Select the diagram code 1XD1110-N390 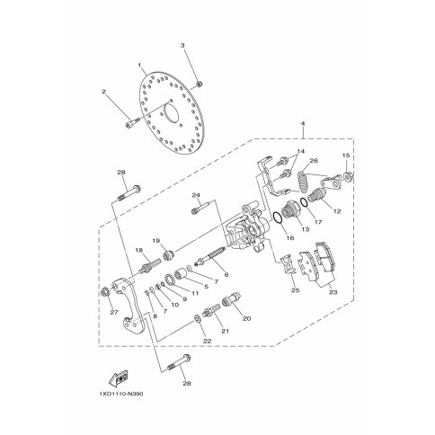pos(121,394)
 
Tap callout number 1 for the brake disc pos(139,65)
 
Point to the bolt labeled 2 pos(132,122)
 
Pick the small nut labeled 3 pos(199,84)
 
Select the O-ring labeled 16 pos(278,217)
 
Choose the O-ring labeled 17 pos(304,202)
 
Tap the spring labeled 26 pos(303,182)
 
